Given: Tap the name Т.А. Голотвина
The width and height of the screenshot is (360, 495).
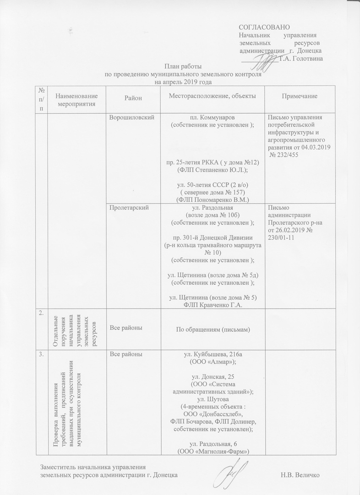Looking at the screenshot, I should click(300, 58).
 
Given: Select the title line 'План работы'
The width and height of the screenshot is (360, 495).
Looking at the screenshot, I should click(183, 67).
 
